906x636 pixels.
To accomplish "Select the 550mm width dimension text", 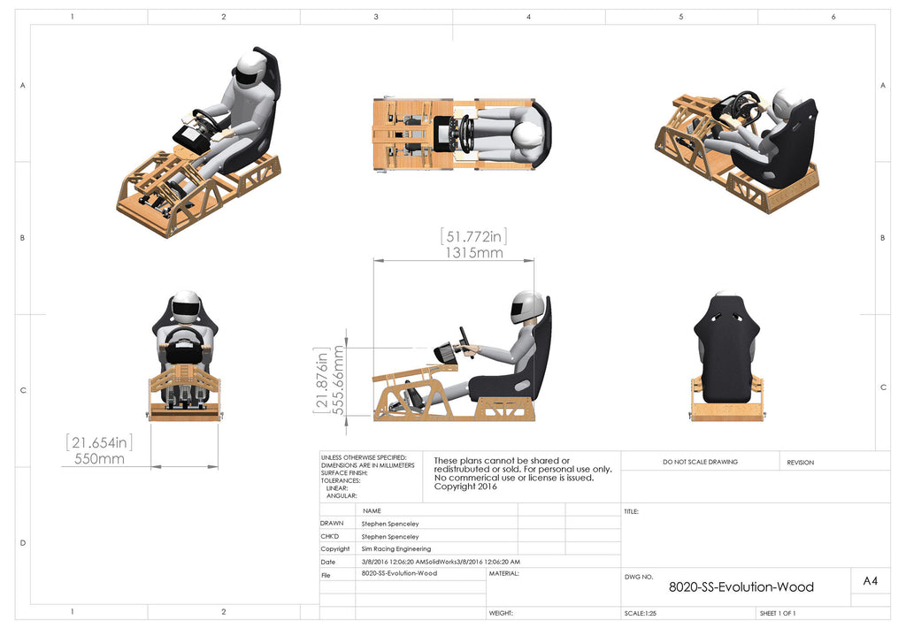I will (99, 459).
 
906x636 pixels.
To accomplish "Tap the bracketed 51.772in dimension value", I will (473, 236).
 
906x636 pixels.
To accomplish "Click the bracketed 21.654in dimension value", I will (99, 441).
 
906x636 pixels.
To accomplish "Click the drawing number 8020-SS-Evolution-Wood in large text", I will (741, 586).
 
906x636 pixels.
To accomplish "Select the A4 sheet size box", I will (870, 581).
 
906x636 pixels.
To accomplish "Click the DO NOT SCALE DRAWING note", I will (700, 462).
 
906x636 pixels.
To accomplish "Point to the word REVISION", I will (800, 462).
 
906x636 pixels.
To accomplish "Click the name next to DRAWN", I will (390, 524).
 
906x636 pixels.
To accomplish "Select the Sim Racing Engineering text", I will (396, 548).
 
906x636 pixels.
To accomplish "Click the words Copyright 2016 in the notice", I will (465, 487).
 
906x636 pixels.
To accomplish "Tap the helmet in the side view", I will (526, 307).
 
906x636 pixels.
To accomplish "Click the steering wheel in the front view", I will (185, 341).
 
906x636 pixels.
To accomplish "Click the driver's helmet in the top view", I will (528, 136).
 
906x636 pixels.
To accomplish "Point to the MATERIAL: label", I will (503, 573).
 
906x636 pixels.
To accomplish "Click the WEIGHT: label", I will (501, 613).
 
